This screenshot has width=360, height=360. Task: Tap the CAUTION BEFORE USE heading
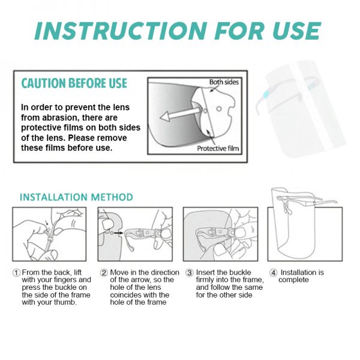pos(74,83)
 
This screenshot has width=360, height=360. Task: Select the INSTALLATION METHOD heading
pos(76,197)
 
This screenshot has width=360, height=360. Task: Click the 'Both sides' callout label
pos(224,82)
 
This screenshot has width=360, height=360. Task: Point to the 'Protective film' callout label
pos(219,148)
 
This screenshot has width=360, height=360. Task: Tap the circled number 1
pos(16,272)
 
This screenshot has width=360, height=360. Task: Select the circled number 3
pos(189,272)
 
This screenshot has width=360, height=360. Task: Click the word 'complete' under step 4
pos(295,280)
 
